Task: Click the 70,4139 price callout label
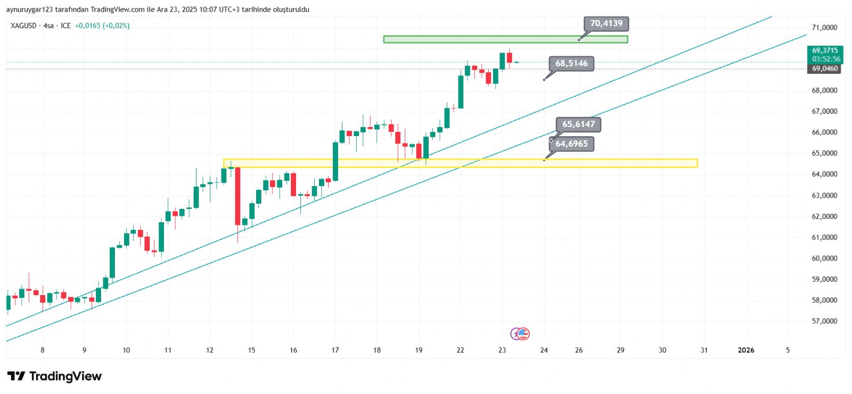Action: coord(606,23)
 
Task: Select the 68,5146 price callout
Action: coord(571,64)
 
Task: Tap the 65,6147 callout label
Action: coord(578,124)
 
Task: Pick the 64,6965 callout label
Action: coord(571,144)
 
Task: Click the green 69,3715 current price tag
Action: coord(825,51)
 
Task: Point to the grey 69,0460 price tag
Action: coord(825,69)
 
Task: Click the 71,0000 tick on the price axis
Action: coord(824,28)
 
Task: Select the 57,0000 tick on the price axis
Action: coord(824,321)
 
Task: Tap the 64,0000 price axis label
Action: coord(824,174)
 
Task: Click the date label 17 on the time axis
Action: coord(335,350)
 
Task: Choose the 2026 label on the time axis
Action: coord(745,350)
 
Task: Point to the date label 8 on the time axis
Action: coord(43,350)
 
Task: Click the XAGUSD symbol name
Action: coord(24,26)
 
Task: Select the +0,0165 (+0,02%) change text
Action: coord(102,26)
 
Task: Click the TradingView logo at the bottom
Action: coord(54,376)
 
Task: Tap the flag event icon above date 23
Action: coord(523,334)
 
